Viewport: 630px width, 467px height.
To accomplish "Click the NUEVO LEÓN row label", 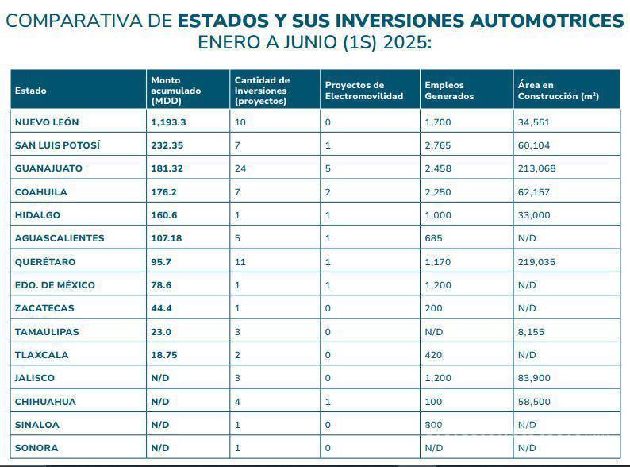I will pyautogui.click(x=47, y=122).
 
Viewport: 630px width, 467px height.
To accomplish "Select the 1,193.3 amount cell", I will pyautogui.click(x=168, y=122).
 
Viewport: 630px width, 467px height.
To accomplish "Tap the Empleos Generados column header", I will pyautogui.click(x=449, y=91).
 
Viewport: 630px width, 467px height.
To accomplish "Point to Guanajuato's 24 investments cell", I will pyautogui.click(x=241, y=168).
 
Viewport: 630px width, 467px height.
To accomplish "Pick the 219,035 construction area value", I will pyautogui.click(x=534, y=261).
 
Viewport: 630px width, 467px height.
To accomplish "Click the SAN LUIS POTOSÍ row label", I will pyautogui.click(x=58, y=145).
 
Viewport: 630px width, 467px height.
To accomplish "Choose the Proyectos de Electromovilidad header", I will pyautogui.click(x=363, y=91).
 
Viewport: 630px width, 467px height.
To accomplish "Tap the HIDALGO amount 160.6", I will pyautogui.click(x=164, y=215).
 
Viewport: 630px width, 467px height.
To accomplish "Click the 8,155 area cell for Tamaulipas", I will pyautogui.click(x=531, y=332).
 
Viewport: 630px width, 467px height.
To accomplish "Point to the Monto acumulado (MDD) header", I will pyautogui.click(x=176, y=91).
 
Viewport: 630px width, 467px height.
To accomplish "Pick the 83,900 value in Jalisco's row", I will pyautogui.click(x=534, y=378).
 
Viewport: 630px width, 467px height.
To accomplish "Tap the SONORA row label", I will pyautogui.click(x=36, y=448).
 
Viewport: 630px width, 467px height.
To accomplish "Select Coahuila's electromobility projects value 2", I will pyautogui.click(x=328, y=192).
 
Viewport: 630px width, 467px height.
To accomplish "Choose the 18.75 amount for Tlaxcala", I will pyautogui.click(x=163, y=355).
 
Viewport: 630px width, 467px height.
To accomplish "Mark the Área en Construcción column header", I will pyautogui.click(x=558, y=91).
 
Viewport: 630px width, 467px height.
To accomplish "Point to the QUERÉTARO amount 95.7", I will pyautogui.click(x=162, y=261).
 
